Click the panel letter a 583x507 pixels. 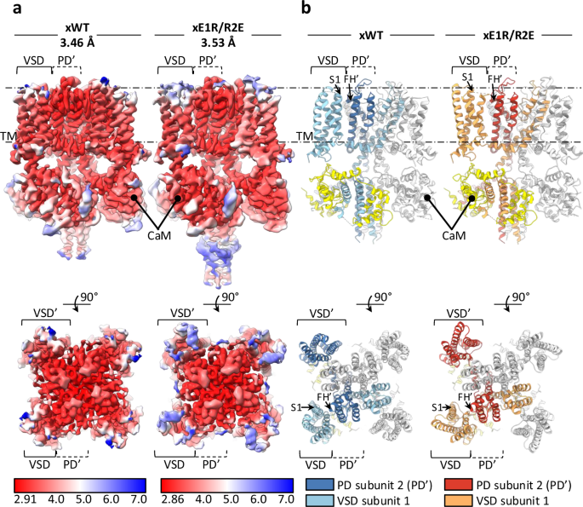[8, 9]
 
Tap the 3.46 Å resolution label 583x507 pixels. [77, 40]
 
